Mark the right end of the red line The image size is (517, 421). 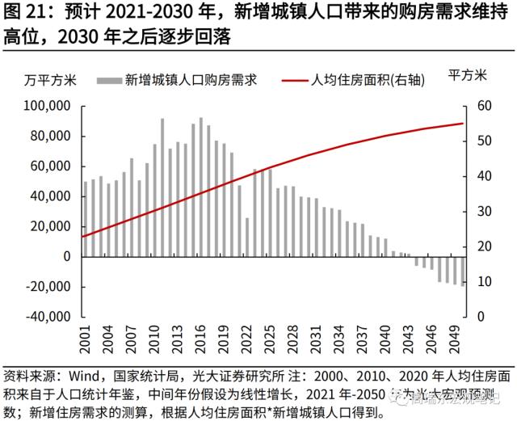[x=463, y=124]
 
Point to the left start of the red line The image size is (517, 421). [x=83, y=237]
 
